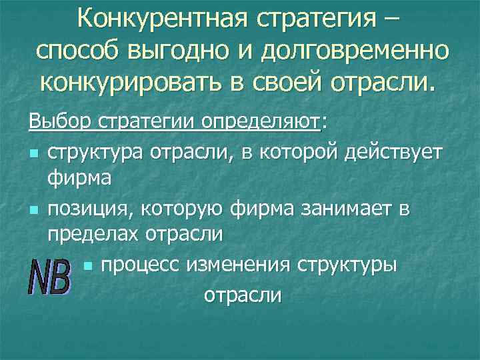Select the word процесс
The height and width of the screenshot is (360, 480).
pos(143,266)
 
